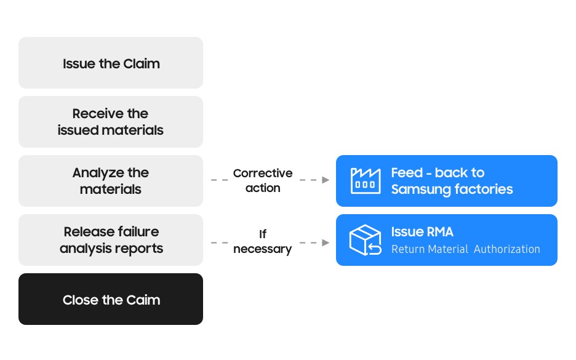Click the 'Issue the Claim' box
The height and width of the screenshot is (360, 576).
pyautogui.click(x=111, y=62)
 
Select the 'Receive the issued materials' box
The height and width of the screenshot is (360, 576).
pyautogui.click(x=111, y=122)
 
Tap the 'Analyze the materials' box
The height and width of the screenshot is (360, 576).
pyautogui.click(x=111, y=181)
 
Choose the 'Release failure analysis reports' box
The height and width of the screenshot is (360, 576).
pyautogui.click(x=111, y=240)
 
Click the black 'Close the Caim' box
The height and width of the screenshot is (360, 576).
pyautogui.click(x=111, y=299)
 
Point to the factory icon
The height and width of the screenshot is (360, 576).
pyautogui.click(x=366, y=180)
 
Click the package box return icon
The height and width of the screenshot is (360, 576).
pyautogui.click(x=365, y=240)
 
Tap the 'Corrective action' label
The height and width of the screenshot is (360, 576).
pyautogui.click(x=263, y=180)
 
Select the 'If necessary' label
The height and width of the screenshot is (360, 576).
pyautogui.click(x=263, y=241)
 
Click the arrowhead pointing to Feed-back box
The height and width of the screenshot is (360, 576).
pyautogui.click(x=326, y=180)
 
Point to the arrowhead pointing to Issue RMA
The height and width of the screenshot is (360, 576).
pyautogui.click(x=326, y=243)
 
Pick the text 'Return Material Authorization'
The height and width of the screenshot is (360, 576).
pyautogui.click(x=466, y=249)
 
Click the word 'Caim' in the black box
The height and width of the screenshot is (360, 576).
pyautogui.click(x=143, y=300)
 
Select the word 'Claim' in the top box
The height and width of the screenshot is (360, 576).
pyautogui.click(x=142, y=63)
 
